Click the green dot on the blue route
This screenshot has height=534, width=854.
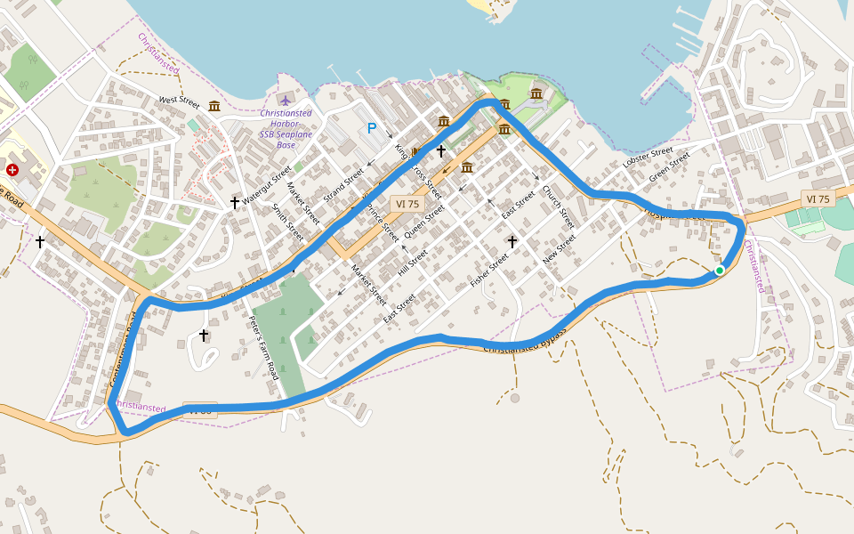pyautogui.click(x=720, y=270)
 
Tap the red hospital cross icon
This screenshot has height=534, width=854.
pyautogui.click(x=12, y=169)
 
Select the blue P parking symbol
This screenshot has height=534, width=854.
pyautogui.click(x=372, y=128)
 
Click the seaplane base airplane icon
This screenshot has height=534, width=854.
pyautogui.click(x=285, y=98)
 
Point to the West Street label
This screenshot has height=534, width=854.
pyautogui.click(x=180, y=101)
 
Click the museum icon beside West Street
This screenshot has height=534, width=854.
pyautogui.click(x=214, y=107)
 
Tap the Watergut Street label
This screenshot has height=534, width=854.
pyautogui.click(x=267, y=185)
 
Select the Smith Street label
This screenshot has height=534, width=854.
pyautogui.click(x=288, y=222)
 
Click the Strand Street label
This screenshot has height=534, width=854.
pyautogui.click(x=343, y=184)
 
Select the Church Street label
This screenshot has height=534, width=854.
pyautogui.click(x=558, y=207)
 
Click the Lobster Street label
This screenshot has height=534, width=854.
pyautogui.click(x=648, y=158)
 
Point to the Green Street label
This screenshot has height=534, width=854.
pyautogui.click(x=670, y=168)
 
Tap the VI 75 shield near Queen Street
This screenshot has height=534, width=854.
pyautogui.click(x=407, y=204)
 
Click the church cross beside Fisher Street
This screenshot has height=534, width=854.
pyautogui.click(x=512, y=241)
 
